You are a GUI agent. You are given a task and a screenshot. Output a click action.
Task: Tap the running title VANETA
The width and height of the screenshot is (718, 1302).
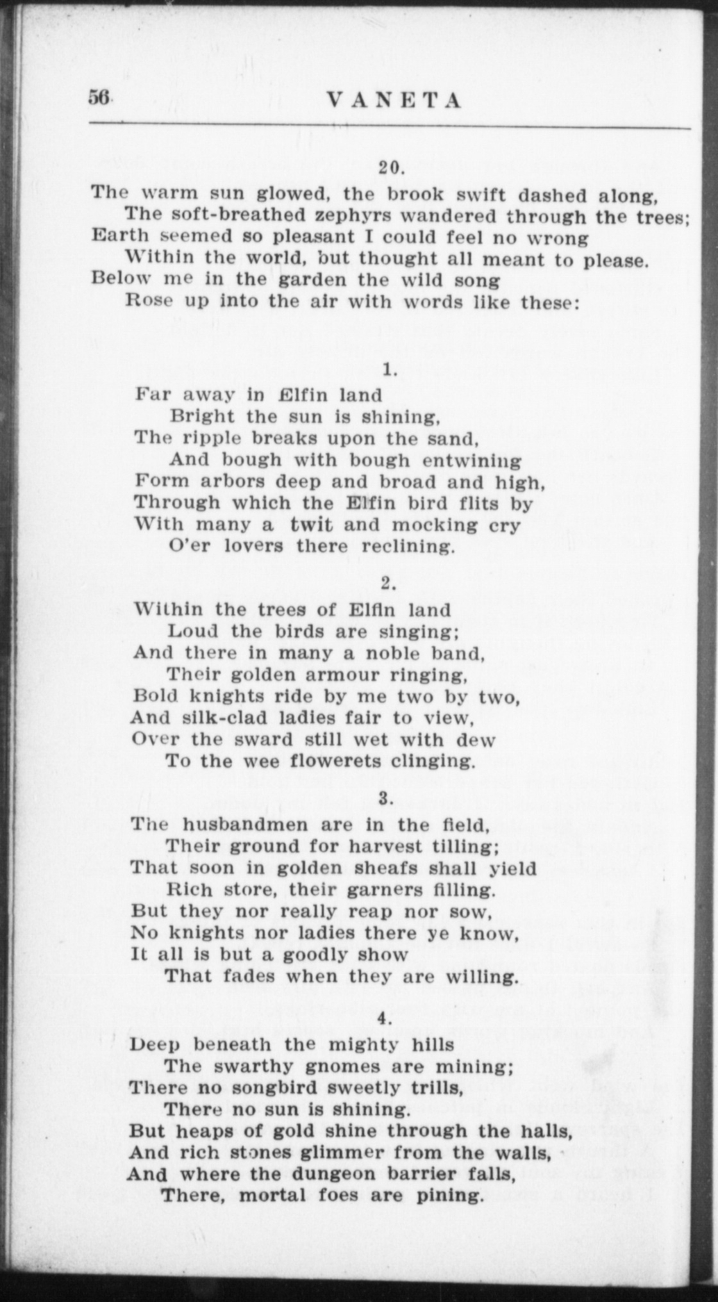coord(394,100)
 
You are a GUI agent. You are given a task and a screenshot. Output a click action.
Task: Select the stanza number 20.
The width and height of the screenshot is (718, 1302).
coord(390,168)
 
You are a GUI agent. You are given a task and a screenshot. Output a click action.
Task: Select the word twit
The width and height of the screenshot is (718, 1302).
coord(312,525)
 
